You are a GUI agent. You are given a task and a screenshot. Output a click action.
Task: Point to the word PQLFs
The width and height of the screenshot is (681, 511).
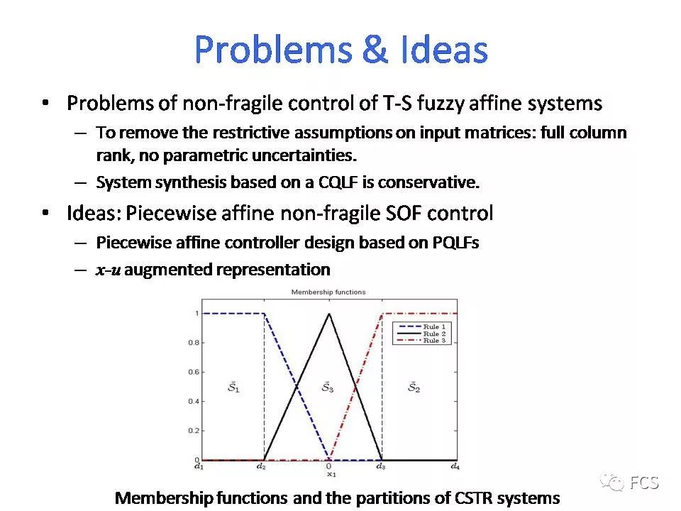(455, 243)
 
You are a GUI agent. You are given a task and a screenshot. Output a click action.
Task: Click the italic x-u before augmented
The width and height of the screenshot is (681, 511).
(107, 270)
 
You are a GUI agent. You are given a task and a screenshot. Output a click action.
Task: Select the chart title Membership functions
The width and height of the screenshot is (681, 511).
(328, 292)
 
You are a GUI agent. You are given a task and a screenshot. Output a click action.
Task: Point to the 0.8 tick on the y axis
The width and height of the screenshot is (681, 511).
(194, 343)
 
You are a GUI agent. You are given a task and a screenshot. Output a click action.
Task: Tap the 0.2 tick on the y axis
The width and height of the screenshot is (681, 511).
(194, 431)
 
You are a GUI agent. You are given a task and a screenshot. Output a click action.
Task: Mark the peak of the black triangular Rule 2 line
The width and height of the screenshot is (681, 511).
(328, 314)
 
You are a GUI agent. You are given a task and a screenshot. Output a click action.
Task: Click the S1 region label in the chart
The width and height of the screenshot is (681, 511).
(233, 388)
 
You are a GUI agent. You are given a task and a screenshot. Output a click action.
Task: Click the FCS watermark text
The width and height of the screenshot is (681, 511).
(644, 483)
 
